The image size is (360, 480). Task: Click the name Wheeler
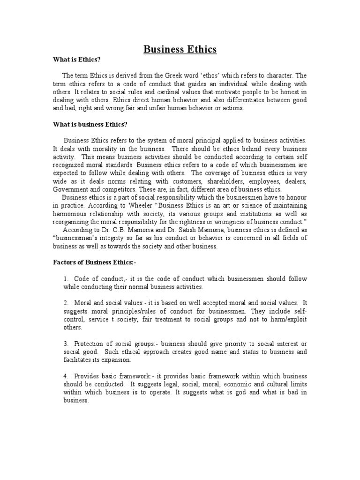coord(132,206)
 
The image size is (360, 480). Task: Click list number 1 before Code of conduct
coord(66,279)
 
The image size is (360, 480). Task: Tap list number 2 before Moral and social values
coord(66,303)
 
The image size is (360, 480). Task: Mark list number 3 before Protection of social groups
coord(66,344)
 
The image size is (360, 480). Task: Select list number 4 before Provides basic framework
coord(66,376)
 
